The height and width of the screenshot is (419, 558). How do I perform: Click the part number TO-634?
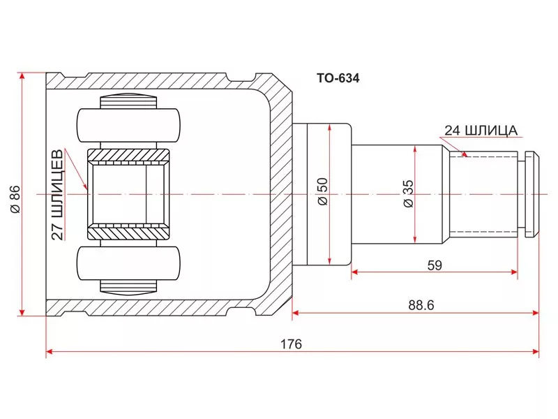pos(338,79)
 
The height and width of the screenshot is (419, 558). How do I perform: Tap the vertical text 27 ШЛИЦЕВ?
pos(59,195)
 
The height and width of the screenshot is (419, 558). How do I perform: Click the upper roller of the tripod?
pos(129,125)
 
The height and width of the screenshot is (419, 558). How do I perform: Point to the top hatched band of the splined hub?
pos(128,154)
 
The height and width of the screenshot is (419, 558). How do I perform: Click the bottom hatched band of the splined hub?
pos(128,230)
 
